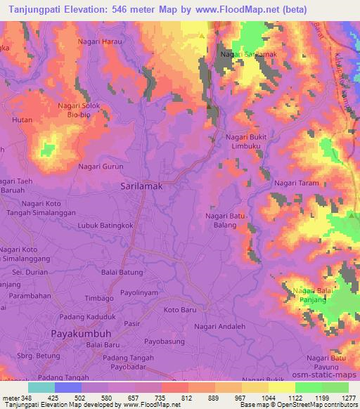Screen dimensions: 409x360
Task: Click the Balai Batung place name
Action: click(123, 272)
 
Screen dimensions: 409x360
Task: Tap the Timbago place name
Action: click(100, 298)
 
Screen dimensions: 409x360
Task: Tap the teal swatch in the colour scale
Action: click(41, 387)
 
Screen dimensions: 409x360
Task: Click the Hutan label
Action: click(22, 121)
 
